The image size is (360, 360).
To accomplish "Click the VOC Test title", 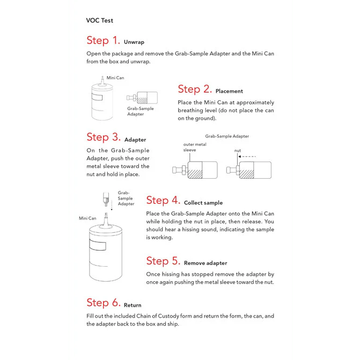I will click(x=99, y=20).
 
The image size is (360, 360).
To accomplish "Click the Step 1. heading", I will click(x=103, y=41).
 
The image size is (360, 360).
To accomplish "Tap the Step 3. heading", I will click(x=103, y=138).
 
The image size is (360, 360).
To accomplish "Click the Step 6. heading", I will click(x=103, y=303).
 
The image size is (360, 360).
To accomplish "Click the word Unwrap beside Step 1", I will click(x=134, y=42).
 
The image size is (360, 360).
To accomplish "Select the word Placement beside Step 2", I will click(x=229, y=91).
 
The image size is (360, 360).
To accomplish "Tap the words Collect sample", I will click(x=203, y=203).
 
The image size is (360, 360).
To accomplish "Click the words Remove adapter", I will click(x=205, y=263).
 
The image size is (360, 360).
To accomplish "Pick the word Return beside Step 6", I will click(x=133, y=305).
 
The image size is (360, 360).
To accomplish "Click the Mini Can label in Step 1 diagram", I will click(x=115, y=78).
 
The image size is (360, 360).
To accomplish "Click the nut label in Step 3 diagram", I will click(x=238, y=151).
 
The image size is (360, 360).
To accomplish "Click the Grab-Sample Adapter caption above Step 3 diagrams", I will click(x=227, y=136).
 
